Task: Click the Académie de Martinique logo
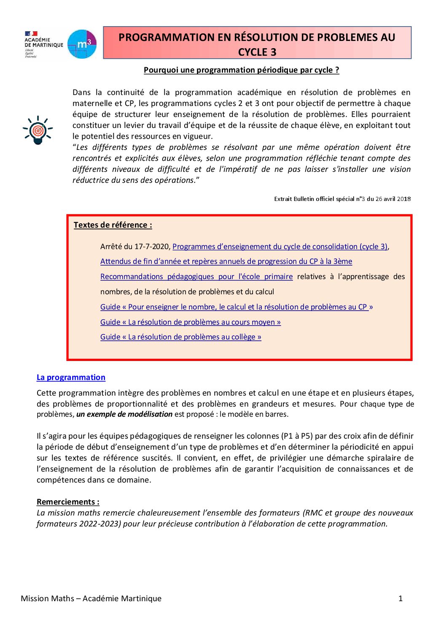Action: coord(43,44)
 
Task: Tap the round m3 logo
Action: coord(82,44)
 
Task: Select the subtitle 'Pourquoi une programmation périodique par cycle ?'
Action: coord(241,70)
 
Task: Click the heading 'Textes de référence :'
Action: coord(113,225)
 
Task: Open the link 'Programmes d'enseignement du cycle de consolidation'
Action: coord(279,247)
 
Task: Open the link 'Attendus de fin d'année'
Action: coord(226,261)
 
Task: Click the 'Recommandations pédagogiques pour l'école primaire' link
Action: coord(196,277)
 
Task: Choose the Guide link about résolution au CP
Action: coord(236,307)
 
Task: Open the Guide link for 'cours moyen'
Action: coord(190,322)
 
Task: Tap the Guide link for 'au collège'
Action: coord(180,337)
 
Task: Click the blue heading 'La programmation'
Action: coord(71,377)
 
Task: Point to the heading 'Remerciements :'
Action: coord(68,502)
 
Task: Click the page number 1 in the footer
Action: coord(400,598)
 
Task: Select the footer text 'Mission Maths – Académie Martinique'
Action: coord(91,598)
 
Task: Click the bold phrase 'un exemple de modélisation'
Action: coord(124,414)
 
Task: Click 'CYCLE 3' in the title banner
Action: coord(257,52)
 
